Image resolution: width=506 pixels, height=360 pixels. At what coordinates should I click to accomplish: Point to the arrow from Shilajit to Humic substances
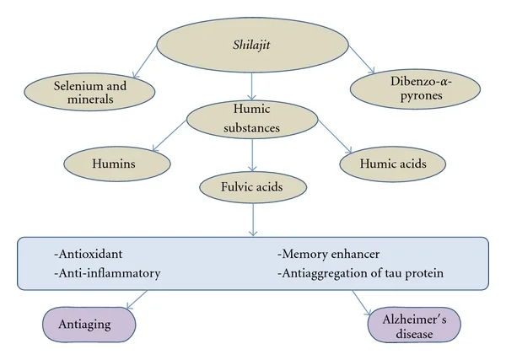pyautogui.click(x=251, y=87)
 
